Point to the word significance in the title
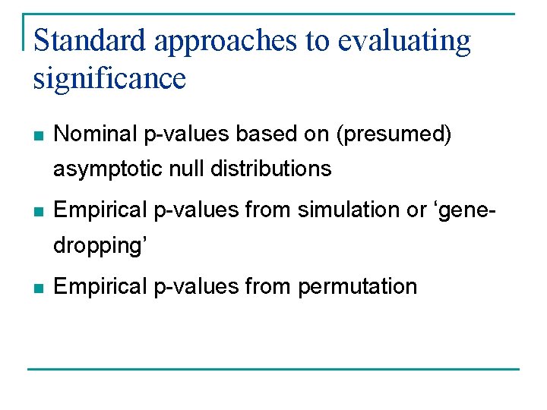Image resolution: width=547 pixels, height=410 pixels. pyautogui.click(x=109, y=77)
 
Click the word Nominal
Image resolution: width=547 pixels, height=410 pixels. pyautogui.click(x=96, y=134)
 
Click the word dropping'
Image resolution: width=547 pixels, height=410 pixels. pyautogui.click(x=100, y=245)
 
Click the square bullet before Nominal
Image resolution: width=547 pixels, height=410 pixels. pyautogui.click(x=38, y=136)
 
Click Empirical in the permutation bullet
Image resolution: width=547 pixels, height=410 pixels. pyautogui.click(x=101, y=287)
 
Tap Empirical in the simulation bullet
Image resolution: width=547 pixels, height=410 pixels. pyautogui.click(x=101, y=210)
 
